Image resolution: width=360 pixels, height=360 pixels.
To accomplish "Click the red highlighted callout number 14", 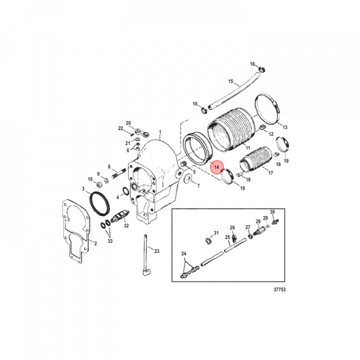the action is [x=216, y=167].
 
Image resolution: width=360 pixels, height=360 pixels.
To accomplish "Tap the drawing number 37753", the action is [x=279, y=289].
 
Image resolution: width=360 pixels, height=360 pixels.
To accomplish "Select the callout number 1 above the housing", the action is [x=160, y=132].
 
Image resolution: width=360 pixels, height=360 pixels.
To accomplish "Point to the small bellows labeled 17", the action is [x=255, y=159].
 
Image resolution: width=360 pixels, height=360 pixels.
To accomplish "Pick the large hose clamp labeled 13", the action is [x=268, y=108].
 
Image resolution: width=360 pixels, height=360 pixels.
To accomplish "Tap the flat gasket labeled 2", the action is [x=76, y=231].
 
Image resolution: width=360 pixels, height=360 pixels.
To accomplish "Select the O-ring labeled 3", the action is [x=99, y=204].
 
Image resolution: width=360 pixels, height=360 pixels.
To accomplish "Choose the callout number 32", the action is [x=126, y=225].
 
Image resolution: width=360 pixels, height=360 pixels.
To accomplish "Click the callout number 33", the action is [x=110, y=241].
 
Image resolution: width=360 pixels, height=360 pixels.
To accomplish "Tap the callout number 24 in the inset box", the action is [x=183, y=253].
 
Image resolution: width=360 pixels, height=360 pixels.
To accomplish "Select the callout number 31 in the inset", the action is [x=216, y=233].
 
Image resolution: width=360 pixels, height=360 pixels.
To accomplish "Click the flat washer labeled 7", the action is [x=188, y=178].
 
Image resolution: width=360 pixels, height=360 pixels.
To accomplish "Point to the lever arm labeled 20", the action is [x=142, y=132].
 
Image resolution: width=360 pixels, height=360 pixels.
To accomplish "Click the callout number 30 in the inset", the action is [x=272, y=212].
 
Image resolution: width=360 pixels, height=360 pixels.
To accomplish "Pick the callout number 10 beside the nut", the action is [x=90, y=179].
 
